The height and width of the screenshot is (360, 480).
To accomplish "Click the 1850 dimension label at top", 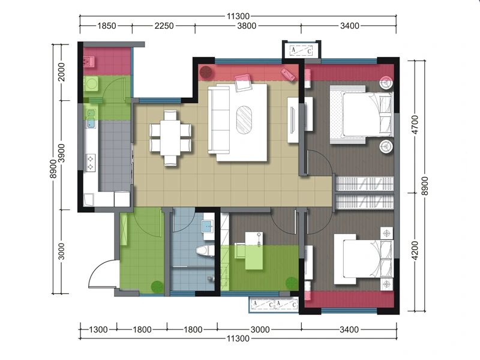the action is tap(107, 26).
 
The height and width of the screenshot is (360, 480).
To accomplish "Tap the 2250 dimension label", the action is tap(164, 26).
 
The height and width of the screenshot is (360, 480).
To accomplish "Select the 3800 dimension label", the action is tap(247, 26).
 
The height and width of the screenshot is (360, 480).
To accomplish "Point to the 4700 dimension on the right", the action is tap(415, 124).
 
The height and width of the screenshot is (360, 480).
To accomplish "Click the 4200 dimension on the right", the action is tap(415, 250).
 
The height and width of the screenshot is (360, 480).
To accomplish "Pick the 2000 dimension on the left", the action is tap(62, 71).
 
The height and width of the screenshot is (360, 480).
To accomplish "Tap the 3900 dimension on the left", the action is tap(62, 153).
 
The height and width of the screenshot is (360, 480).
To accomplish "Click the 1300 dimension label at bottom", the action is tap(98, 329).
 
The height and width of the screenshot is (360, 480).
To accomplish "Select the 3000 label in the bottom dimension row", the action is tap(260, 329).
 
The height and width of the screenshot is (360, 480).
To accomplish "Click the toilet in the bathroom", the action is tap(205, 250).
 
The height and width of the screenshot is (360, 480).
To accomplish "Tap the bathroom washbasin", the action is tap(209, 227).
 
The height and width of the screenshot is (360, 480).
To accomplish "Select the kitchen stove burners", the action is tap(91, 163).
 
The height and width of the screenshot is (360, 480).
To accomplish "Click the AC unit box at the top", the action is tap(302, 50).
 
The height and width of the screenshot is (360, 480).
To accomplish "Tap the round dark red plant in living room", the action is tap(206, 73).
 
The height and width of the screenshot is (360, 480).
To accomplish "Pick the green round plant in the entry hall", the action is tap(157, 287).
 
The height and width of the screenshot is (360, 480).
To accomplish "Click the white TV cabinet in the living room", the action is tap(293, 120).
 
